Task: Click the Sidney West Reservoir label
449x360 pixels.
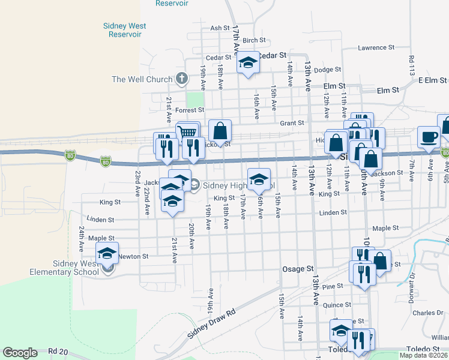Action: coord(125,30)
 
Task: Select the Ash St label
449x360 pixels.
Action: coord(220,28)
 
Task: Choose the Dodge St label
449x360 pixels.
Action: coord(327,70)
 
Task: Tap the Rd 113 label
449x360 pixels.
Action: coord(412,67)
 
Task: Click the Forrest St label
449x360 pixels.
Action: coord(190,110)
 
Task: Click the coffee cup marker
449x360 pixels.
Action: coord(429,137)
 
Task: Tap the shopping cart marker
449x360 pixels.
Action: coord(188,132)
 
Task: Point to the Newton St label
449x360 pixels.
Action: coord(133,257)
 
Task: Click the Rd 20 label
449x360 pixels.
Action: coord(60,351)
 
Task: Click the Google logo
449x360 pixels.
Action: coord(20,353)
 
